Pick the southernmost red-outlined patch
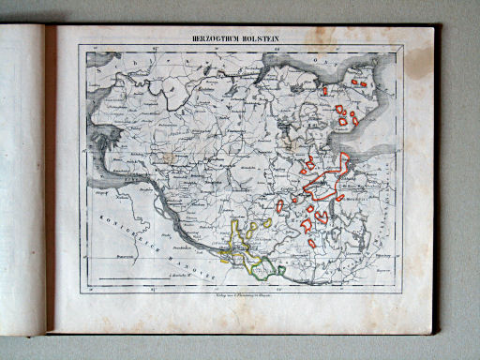tap(311, 243)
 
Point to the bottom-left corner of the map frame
tap(87, 281)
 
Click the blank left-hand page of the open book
tap(22, 178)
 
